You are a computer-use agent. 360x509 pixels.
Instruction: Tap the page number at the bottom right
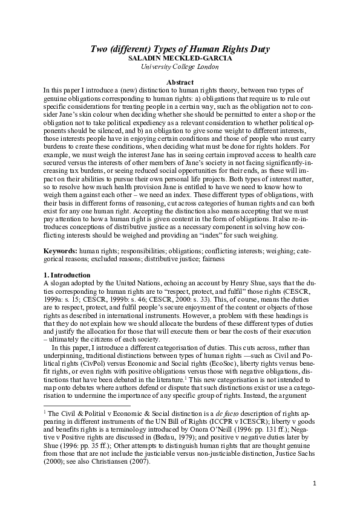(315, 484)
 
